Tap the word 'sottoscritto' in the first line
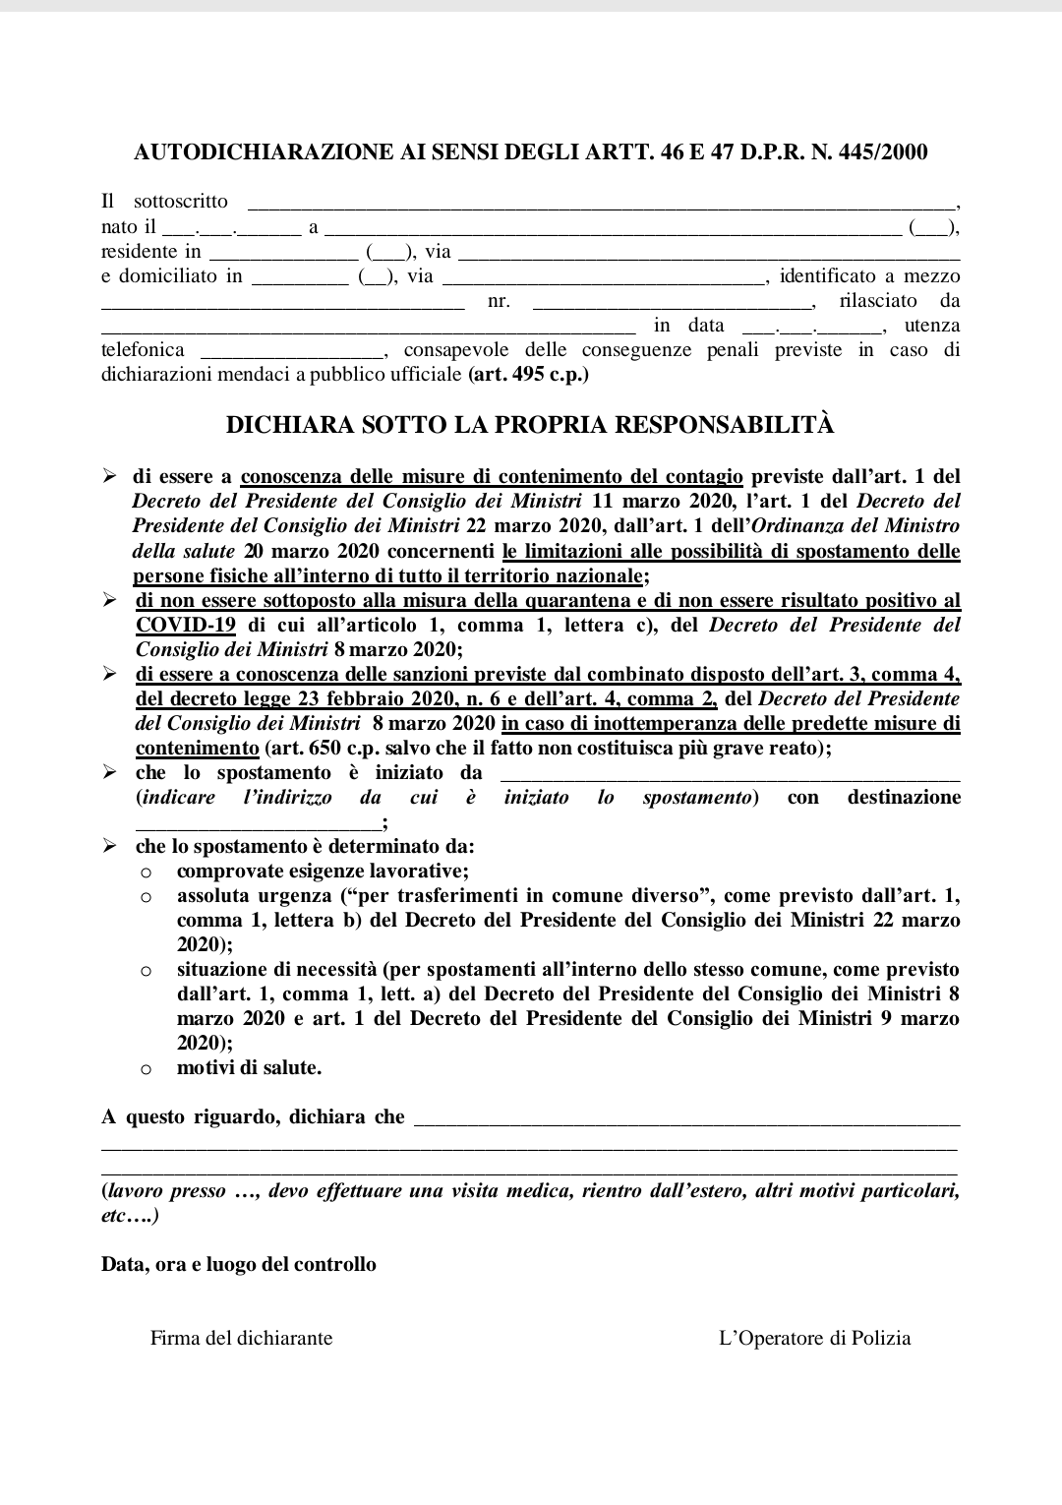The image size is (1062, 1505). click(180, 202)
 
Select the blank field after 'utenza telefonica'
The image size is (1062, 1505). click(292, 353)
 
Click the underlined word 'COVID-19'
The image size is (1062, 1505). click(186, 626)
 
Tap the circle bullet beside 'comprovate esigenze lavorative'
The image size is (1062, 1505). click(146, 873)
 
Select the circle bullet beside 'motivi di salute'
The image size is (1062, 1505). click(146, 1069)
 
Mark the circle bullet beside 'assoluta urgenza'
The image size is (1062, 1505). click(146, 897)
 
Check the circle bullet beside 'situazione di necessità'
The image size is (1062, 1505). click(146, 971)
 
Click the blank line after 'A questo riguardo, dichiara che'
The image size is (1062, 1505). click(686, 1120)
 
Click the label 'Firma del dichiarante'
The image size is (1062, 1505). click(241, 1339)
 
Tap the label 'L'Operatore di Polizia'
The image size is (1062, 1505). click(815, 1339)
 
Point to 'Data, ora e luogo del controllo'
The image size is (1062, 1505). click(239, 1265)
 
